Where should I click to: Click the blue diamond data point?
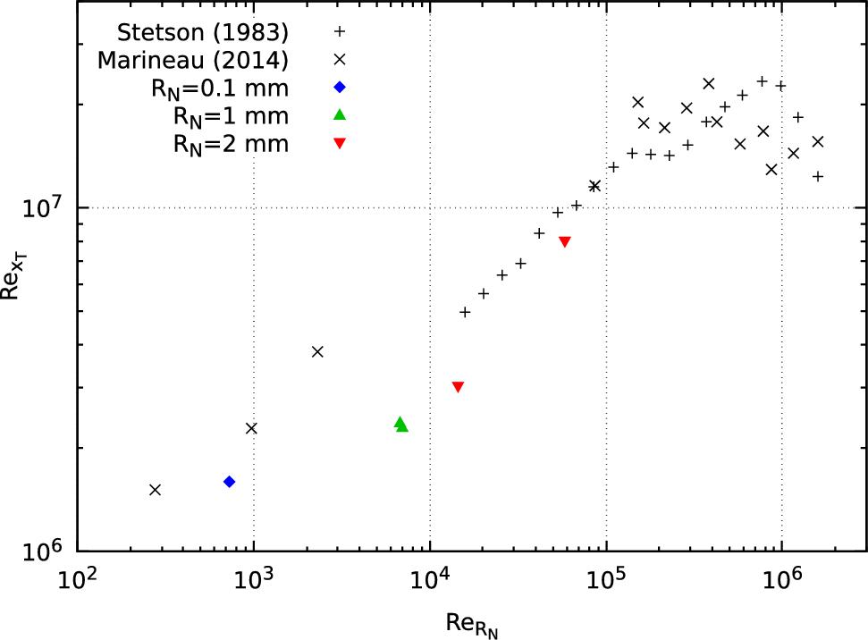coord(230,482)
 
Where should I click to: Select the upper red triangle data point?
coord(564,242)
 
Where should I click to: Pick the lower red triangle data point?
coord(458,387)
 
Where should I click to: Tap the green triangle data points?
coord(400,425)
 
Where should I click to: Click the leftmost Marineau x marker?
coord(155,490)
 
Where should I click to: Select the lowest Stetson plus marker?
coord(465,312)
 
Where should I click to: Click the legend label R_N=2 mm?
coord(231,143)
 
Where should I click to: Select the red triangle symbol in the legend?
coord(340,143)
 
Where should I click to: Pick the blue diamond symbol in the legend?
coord(340,87)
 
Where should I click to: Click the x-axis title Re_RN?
coord(471,622)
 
